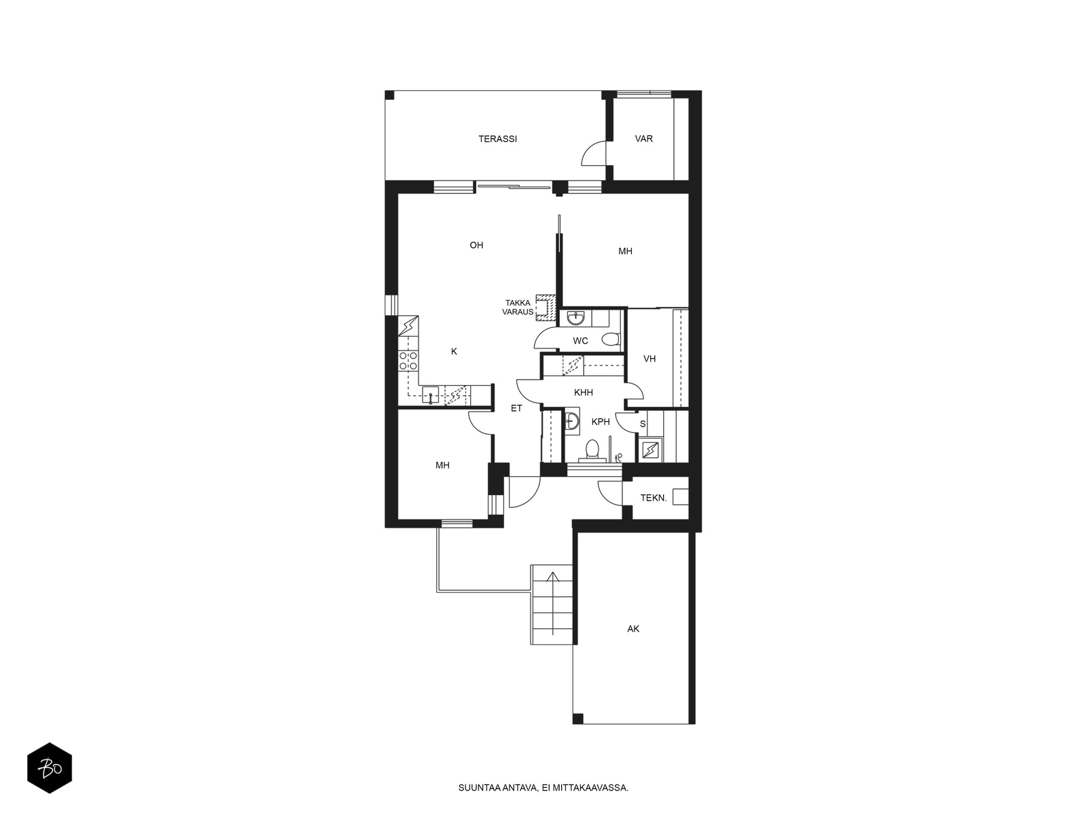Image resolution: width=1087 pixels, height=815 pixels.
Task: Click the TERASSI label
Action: (x=497, y=139)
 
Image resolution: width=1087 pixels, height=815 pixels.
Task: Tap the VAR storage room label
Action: (x=644, y=139)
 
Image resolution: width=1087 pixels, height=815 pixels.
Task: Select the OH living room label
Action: (x=476, y=245)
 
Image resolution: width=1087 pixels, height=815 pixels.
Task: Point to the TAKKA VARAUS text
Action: (x=518, y=307)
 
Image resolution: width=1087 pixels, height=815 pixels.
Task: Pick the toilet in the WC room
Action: (x=611, y=340)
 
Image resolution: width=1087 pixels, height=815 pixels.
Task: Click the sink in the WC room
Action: (x=575, y=318)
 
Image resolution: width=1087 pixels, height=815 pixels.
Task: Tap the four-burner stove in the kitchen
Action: (x=408, y=361)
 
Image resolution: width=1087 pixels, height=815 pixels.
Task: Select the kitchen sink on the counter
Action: (x=431, y=395)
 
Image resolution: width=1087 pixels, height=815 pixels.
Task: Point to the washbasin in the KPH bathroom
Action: (x=572, y=421)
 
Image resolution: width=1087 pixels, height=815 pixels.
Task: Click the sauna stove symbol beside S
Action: (x=649, y=450)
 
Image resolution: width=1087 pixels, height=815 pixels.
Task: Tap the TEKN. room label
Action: (x=654, y=499)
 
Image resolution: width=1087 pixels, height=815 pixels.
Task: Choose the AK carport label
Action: (x=633, y=629)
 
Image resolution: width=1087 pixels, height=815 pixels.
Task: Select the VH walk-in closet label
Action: (x=649, y=359)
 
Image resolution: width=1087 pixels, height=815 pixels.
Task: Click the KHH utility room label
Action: (x=584, y=393)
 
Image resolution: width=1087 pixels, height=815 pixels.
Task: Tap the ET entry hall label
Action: (x=516, y=408)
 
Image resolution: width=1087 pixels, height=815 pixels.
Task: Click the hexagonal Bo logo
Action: (x=50, y=768)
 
